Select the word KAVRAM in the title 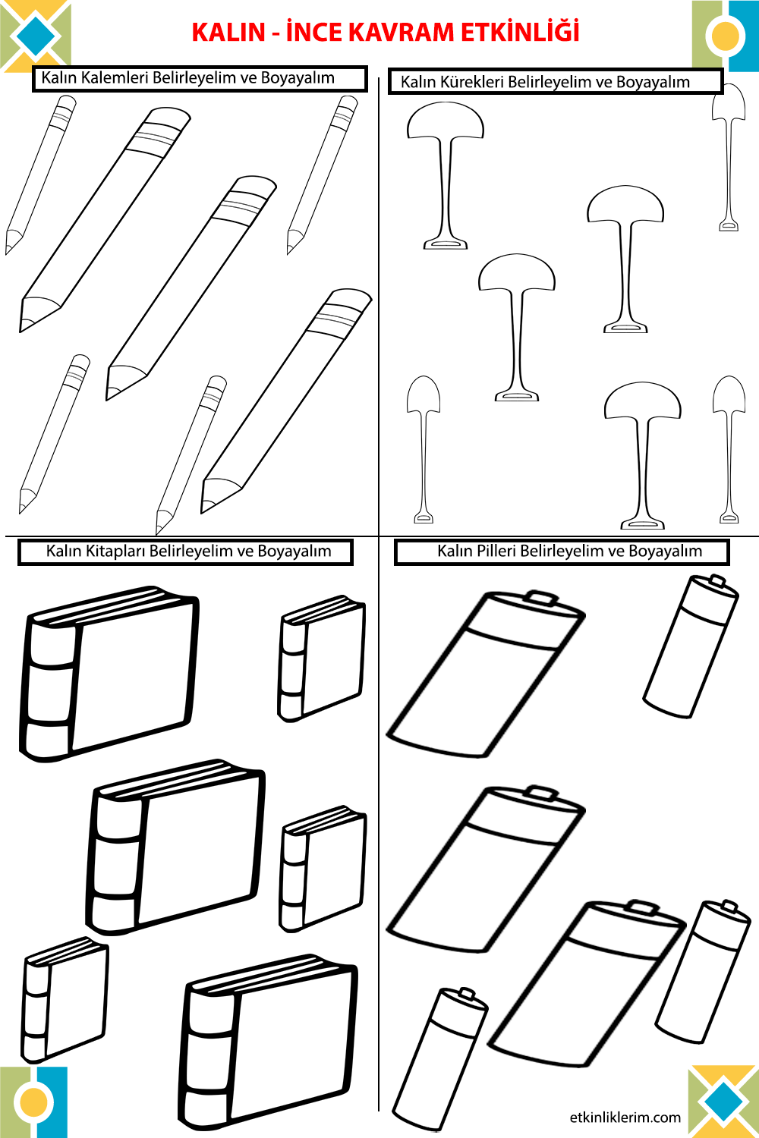395,33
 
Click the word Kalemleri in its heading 115,78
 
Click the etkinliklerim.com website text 625,1118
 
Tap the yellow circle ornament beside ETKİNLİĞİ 725,36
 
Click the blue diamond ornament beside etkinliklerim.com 723,1101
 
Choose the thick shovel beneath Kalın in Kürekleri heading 446,174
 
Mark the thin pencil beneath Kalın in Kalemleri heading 42,174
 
